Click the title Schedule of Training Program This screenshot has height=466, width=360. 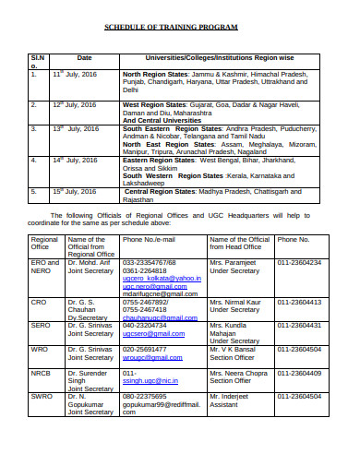(179, 29)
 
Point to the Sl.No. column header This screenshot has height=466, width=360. (36, 61)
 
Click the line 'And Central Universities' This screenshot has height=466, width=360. (162, 120)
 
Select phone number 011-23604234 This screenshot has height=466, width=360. (300, 263)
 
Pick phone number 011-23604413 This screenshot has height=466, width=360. (300, 302)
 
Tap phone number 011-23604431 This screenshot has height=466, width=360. (300, 325)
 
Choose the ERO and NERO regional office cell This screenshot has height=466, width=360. (45, 267)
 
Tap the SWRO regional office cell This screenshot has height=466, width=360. (42, 395)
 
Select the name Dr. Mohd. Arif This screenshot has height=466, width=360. (89, 263)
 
